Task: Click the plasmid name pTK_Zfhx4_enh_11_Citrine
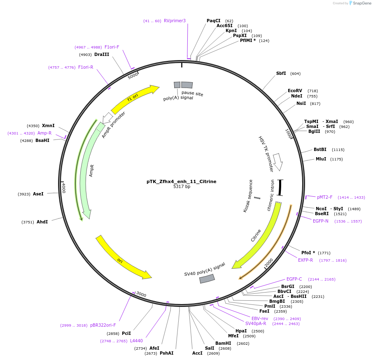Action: pyautogui.click(x=181, y=181)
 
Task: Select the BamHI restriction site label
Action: pyautogui.click(x=223, y=343)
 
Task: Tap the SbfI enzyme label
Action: pyautogui.click(x=281, y=74)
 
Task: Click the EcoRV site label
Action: pyautogui.click(x=295, y=91)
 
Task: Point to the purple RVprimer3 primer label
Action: pyautogui.click(x=175, y=21)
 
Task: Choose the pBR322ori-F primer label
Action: pyautogui.click(x=103, y=325)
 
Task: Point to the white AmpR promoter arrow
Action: pyautogui.click(x=107, y=118)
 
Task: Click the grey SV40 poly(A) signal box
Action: pyautogui.click(x=207, y=279)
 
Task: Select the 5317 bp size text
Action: pyautogui.click(x=182, y=187)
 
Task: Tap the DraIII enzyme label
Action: pyautogui.click(x=102, y=54)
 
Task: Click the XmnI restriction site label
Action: pyautogui.click(x=48, y=125)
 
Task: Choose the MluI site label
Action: pyautogui.click(x=321, y=159)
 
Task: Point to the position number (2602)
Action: pyautogui.click(x=243, y=343)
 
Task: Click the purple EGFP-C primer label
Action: pyautogui.click(x=294, y=279)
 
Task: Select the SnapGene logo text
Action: pyautogui.click(x=361, y=3)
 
